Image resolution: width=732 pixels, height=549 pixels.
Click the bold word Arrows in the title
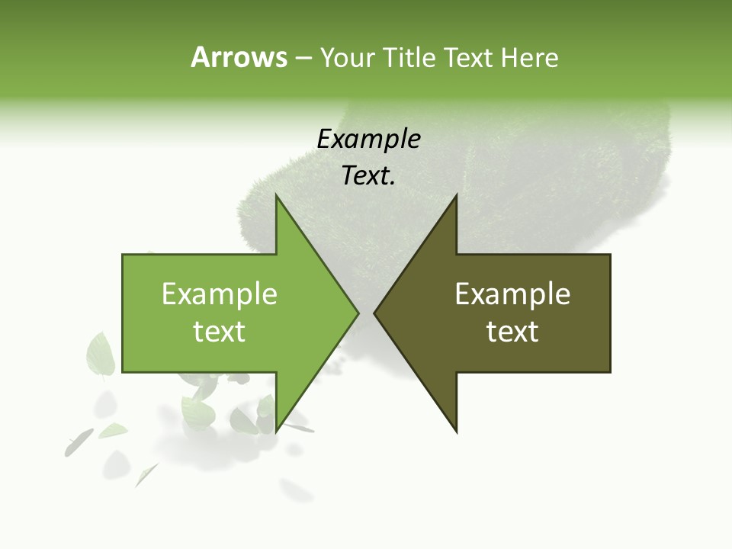coord(239,57)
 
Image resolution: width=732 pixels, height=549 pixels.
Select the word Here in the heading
coord(529,57)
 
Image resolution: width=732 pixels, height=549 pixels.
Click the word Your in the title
coord(347,58)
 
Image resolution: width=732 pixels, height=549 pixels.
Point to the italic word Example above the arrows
coord(368,139)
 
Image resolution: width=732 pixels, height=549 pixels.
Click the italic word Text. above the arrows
coord(368,176)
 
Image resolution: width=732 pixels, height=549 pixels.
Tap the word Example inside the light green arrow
coord(220,294)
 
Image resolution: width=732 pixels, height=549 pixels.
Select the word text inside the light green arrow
coord(220,332)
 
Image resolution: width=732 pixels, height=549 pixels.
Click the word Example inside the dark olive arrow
coord(512,294)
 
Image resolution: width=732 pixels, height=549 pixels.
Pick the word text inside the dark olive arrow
coord(512,332)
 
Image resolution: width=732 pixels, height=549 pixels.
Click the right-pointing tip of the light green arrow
coord(358,313)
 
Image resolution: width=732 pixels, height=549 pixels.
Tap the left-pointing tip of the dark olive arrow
coord(375,313)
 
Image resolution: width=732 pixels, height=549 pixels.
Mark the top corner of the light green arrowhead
coord(277,196)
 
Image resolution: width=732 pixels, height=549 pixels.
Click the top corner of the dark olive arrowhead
coord(456,196)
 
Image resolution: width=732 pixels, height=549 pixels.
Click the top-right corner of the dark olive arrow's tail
coord(610,255)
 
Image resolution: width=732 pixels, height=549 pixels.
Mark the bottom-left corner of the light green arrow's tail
coord(123,372)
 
